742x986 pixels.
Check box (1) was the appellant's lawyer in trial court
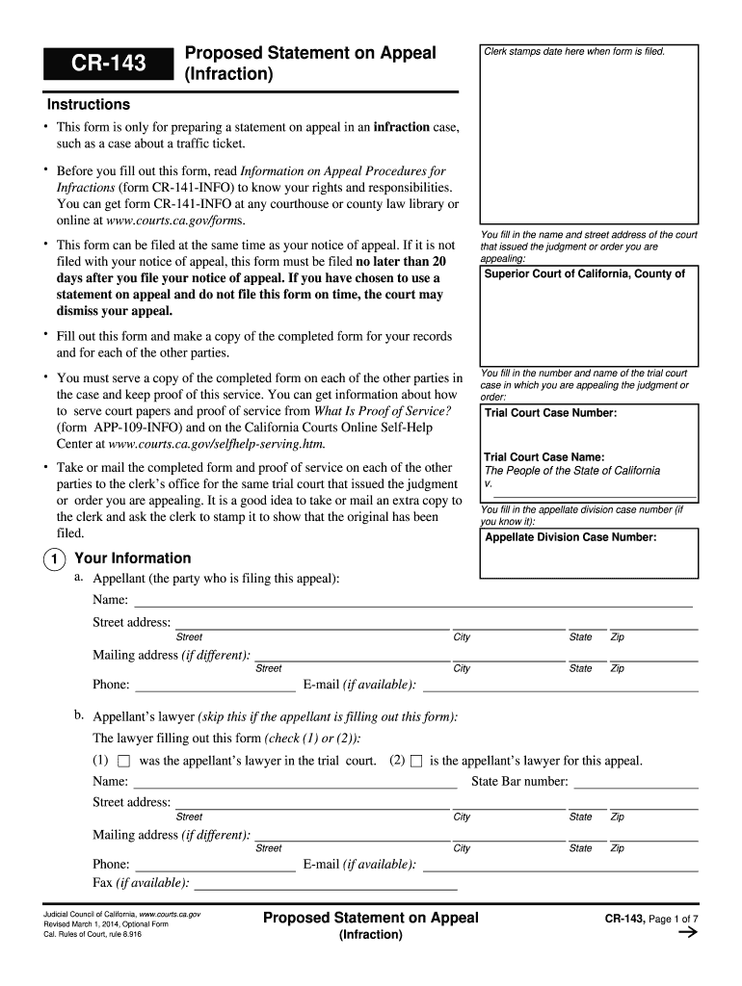point(123,762)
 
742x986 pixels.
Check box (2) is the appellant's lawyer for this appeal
point(416,762)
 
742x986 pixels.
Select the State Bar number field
point(634,781)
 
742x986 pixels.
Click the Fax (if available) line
point(325,882)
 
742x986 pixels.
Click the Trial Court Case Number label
point(550,413)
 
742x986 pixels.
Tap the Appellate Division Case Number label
point(570,537)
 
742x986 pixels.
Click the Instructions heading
point(89,104)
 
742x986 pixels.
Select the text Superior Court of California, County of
point(584,273)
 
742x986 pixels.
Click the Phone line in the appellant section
point(215,685)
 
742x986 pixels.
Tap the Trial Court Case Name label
point(543,457)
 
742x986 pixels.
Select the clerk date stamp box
point(589,135)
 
